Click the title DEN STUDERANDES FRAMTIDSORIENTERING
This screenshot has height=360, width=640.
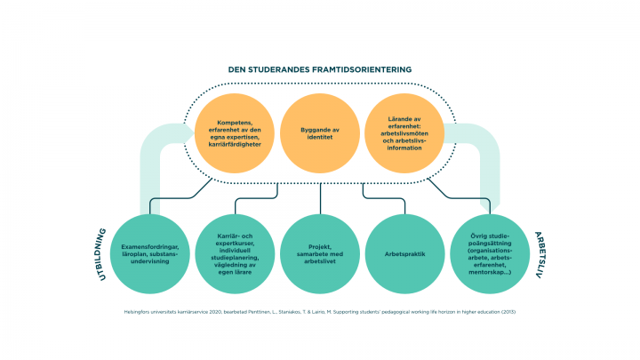[320, 69]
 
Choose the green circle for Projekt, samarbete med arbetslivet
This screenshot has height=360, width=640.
[320, 252]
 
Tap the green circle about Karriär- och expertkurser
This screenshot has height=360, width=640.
[236, 252]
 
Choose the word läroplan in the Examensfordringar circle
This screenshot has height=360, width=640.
[140, 252]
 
